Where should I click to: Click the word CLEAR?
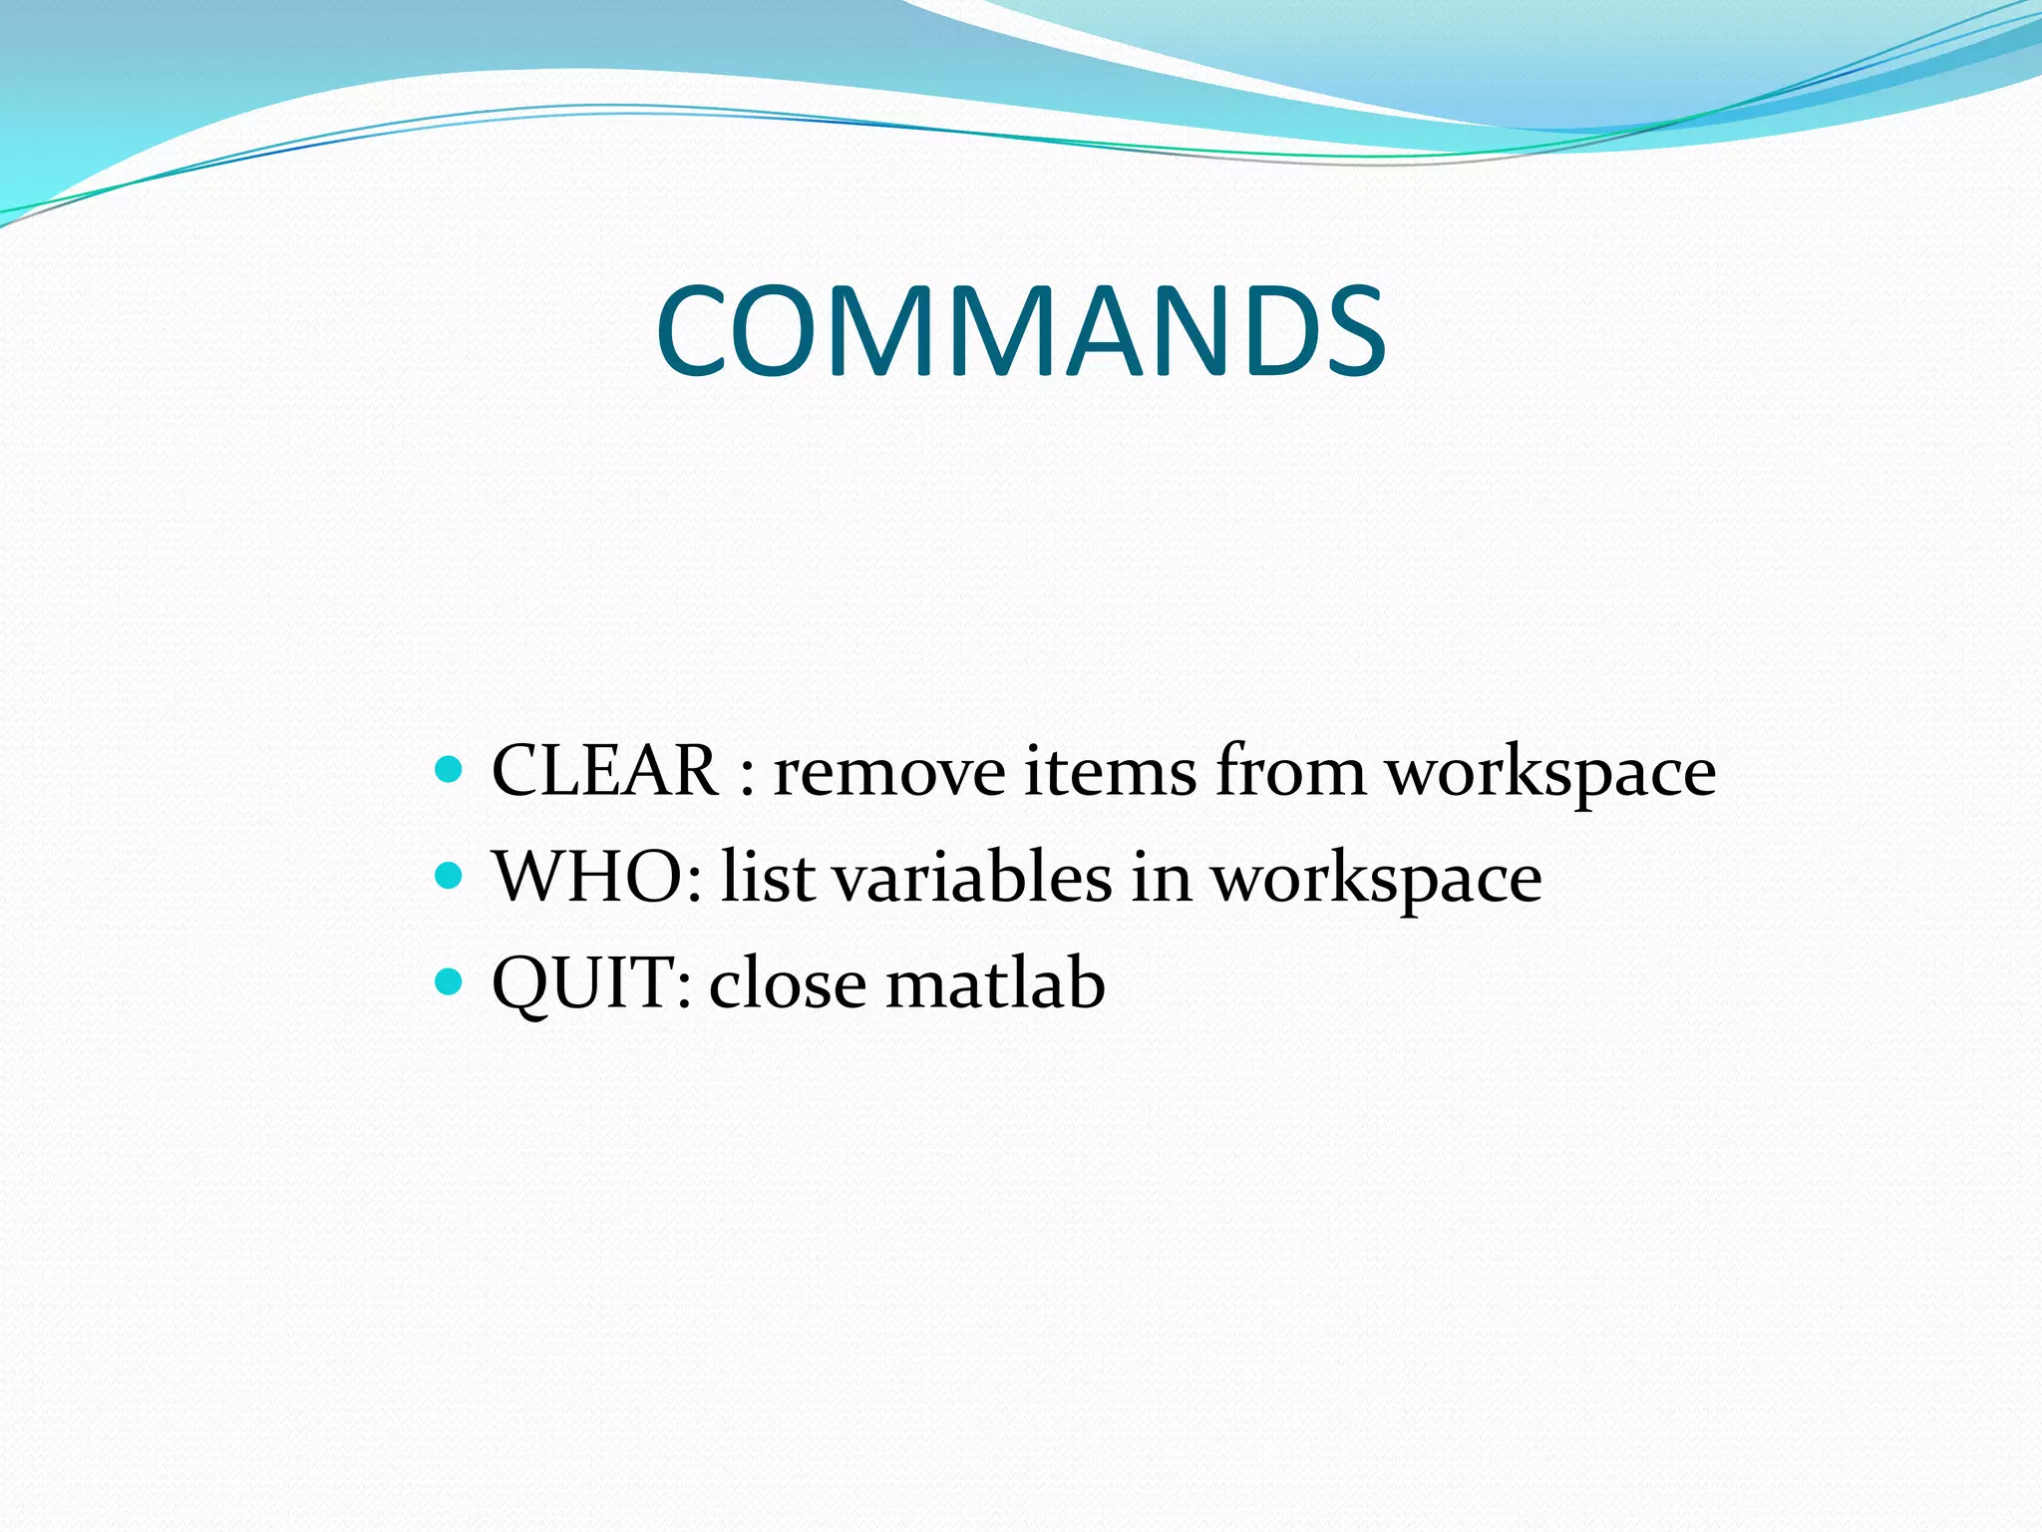pos(605,771)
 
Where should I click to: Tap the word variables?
pos(972,878)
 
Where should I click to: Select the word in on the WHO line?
pos(1162,878)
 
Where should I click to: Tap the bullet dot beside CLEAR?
pos(450,770)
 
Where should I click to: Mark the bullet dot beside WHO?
pos(450,877)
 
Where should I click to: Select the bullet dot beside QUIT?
pos(450,983)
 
